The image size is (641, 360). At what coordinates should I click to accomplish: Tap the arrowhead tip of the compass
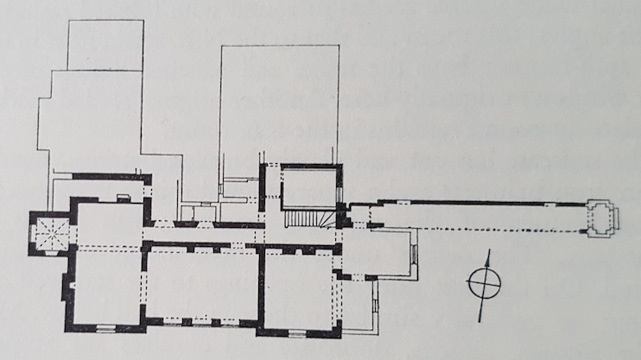coord(489,251)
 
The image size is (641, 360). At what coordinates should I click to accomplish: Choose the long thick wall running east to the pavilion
coord(475,203)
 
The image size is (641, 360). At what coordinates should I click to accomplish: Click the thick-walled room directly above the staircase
coord(308,186)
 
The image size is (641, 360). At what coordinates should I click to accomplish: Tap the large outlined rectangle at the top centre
coord(279,104)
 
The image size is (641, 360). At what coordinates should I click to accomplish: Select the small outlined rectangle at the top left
coord(105,45)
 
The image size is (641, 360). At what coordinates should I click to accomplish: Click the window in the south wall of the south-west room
coord(105,328)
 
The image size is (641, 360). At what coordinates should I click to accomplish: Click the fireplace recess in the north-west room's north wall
coord(123,199)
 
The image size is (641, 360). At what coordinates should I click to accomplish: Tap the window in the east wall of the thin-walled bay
coord(413,255)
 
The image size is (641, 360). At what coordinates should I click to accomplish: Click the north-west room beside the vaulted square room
coord(105,223)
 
